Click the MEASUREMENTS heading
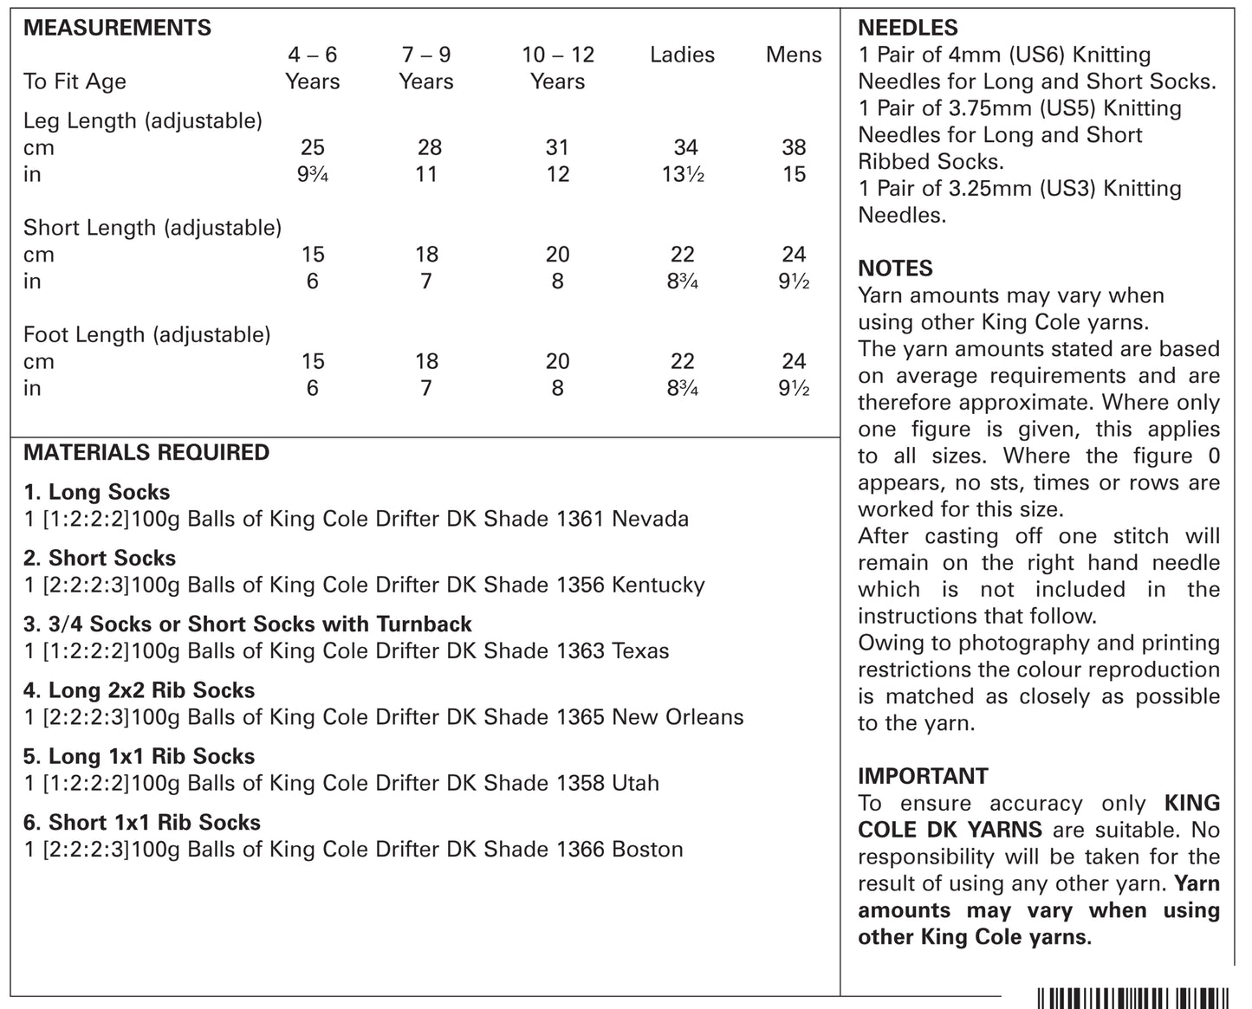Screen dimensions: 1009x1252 point(117,28)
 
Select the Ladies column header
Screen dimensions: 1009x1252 point(682,55)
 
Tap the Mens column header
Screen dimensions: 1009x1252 point(793,55)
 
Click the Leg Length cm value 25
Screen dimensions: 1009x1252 point(312,147)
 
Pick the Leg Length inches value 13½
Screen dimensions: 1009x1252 point(683,174)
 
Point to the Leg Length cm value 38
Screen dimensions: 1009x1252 point(794,147)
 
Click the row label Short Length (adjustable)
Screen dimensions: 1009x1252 point(152,228)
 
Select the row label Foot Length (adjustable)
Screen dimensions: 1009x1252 point(147,334)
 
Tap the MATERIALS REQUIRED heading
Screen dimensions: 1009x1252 point(146,452)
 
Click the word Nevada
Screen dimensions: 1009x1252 point(650,519)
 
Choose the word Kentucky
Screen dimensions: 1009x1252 point(658,585)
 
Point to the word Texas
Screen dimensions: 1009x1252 point(640,651)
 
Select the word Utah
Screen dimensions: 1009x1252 point(635,783)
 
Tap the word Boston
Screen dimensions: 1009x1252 point(647,849)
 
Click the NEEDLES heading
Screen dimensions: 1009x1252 point(908,28)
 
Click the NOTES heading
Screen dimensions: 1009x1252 point(895,268)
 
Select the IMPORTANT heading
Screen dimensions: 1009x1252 point(923,776)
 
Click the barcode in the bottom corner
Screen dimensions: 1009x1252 point(1132,998)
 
